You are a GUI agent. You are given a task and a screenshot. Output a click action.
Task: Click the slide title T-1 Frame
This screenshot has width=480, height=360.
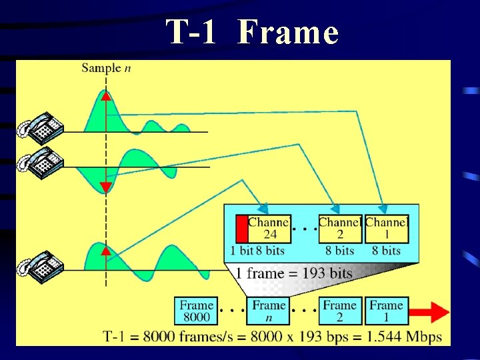(252, 31)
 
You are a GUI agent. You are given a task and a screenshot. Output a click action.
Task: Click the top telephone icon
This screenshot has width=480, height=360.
(41, 127)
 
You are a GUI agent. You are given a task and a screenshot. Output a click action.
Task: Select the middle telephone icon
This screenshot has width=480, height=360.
(41, 162)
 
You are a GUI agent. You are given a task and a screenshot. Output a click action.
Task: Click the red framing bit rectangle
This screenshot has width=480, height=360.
(241, 229)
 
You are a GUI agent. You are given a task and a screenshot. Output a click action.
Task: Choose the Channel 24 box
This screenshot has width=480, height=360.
(269, 229)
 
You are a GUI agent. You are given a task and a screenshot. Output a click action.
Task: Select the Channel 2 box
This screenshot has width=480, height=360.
(340, 229)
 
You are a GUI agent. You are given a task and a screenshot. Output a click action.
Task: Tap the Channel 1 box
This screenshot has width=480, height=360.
(387, 229)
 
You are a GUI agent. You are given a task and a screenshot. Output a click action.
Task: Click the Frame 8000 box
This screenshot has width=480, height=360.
(197, 311)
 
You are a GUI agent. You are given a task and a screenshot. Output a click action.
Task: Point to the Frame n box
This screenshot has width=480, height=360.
(269, 311)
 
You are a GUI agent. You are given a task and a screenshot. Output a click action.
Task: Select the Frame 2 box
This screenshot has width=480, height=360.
(340, 311)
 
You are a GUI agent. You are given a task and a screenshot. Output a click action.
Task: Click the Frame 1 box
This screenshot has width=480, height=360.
(386, 311)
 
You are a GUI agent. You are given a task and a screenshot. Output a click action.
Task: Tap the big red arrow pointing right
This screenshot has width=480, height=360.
(429, 311)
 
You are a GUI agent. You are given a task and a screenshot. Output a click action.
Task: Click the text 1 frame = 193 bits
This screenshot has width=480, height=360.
(293, 273)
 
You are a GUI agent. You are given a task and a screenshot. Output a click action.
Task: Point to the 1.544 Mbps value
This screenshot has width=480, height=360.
(406, 337)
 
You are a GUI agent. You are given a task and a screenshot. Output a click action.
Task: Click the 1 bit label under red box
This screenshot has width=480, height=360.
(241, 251)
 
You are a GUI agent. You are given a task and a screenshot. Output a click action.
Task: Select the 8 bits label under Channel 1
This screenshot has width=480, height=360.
(387, 251)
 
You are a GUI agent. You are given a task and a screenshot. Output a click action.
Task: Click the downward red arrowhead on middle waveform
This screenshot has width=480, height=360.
(105, 187)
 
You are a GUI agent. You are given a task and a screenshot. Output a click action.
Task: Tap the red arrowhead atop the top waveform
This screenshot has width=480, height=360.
(105, 95)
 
